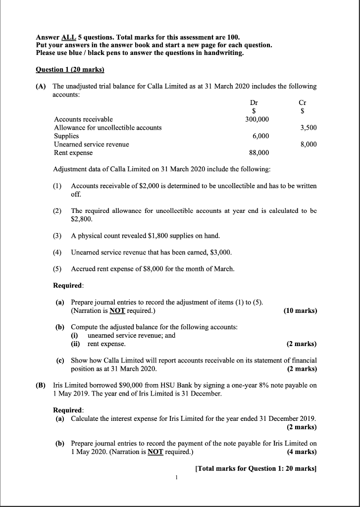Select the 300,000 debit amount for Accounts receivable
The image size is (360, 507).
(x=257, y=119)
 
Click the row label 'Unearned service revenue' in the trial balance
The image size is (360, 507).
(x=91, y=144)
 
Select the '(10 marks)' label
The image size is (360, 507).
(x=300, y=311)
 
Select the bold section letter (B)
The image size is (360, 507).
(x=41, y=385)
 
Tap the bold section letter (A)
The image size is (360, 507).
(x=41, y=86)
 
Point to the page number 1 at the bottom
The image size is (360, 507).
(x=177, y=477)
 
